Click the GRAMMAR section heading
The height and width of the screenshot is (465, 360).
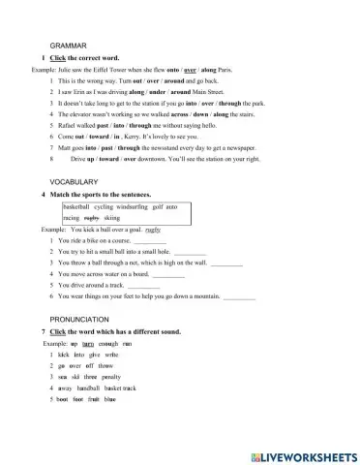click(66, 46)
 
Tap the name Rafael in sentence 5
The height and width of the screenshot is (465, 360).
click(70, 126)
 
